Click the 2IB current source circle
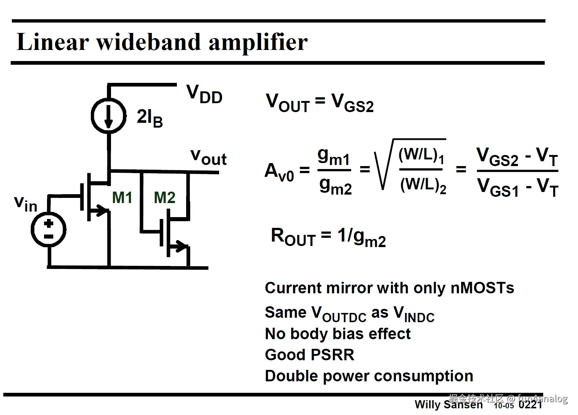click(108, 116)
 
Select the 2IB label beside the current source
click(149, 118)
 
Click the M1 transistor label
click(122, 198)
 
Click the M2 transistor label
click(164, 198)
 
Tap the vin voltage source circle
click(48, 229)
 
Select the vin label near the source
click(26, 203)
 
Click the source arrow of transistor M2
click(181, 245)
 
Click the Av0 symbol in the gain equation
click(279, 172)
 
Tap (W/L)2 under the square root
click(423, 185)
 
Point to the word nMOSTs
click(482, 288)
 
